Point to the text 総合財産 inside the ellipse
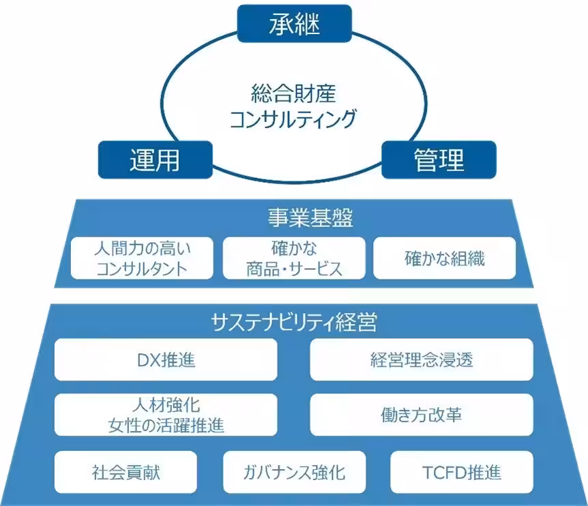click(293, 91)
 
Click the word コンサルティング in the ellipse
click(293, 119)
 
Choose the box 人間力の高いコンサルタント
click(141, 258)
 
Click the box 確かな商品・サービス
click(294, 258)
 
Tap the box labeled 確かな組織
click(444, 258)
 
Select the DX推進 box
click(166, 359)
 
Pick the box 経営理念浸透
click(421, 359)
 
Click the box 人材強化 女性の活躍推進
click(166, 415)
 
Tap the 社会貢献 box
click(126, 472)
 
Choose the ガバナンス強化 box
click(294, 472)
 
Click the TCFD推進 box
click(462, 472)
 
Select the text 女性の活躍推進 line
click(166, 426)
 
